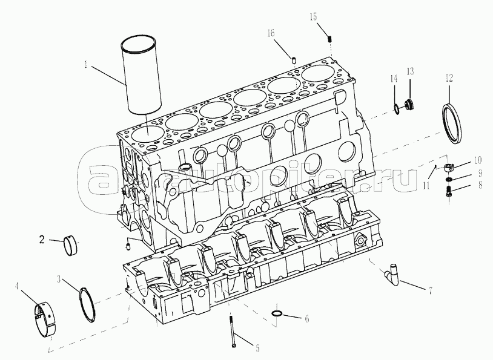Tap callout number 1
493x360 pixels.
coord(86,65)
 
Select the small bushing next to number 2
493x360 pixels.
coord(70,244)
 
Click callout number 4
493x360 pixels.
coord(18,286)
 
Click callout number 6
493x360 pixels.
coord(307,319)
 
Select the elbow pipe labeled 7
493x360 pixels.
coord(392,275)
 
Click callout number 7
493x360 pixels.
coord(429,290)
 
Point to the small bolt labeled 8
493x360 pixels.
coord(449,191)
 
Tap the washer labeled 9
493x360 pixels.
coord(449,179)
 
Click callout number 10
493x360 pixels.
coord(477,160)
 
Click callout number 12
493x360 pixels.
coord(449,78)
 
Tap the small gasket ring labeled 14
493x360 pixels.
coord(397,108)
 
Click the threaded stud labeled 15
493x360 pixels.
coord(329,39)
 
